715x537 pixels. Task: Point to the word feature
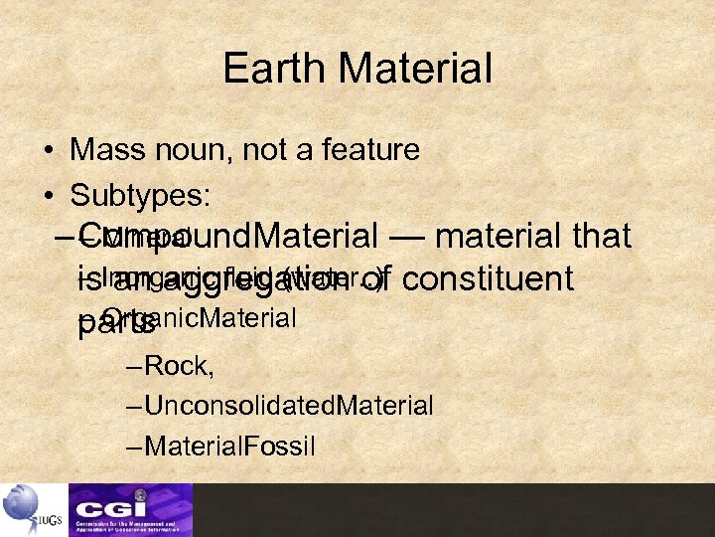[366, 150]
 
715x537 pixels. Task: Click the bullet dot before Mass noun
[49, 152]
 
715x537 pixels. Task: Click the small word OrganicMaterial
[200, 318]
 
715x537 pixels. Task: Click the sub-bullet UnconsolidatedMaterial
[288, 405]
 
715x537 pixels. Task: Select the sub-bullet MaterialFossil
[229, 445]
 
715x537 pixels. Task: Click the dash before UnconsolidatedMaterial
[135, 406]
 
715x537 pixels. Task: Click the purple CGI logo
[130, 509]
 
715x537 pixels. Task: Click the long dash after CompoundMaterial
[406, 237]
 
